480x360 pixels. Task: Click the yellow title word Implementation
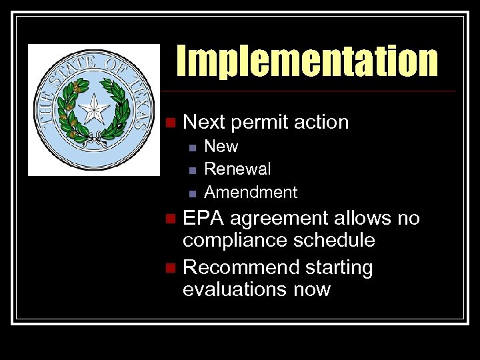tap(307, 61)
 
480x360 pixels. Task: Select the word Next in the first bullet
tap(204, 122)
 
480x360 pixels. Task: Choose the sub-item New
tap(221, 146)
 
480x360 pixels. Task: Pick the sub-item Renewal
tap(237, 169)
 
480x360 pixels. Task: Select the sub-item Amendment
tap(251, 192)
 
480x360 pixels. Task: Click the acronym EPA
tap(203, 218)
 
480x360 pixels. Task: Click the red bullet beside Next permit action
tap(171, 122)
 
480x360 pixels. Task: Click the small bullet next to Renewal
tap(191, 169)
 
